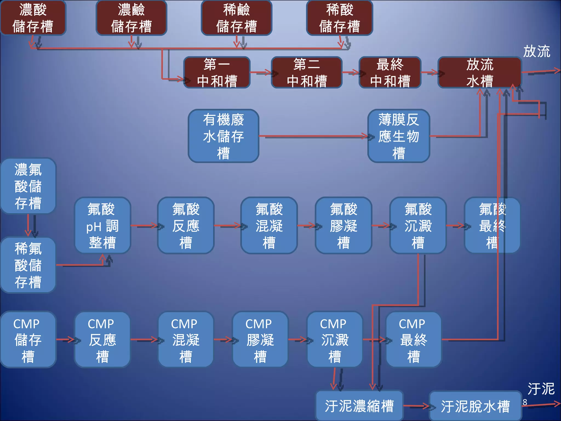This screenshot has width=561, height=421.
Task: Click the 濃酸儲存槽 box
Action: click(x=33, y=18)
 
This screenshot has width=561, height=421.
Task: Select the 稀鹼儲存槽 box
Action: click(x=236, y=18)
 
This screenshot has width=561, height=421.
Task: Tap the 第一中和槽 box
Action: click(x=217, y=73)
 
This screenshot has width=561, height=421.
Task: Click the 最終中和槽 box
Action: click(x=390, y=73)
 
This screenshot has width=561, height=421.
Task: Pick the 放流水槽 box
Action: click(x=480, y=73)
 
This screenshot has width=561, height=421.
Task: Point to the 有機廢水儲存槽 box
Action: click(x=223, y=136)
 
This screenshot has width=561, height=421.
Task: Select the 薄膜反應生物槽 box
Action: click(x=399, y=136)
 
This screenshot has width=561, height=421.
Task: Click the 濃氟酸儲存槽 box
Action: click(x=28, y=186)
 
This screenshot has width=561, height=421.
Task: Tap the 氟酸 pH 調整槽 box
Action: click(x=102, y=226)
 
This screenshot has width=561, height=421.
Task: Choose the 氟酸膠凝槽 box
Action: click(x=343, y=226)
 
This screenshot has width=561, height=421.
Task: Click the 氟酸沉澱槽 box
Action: click(x=418, y=226)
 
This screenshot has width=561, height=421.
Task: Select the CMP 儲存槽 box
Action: click(x=28, y=340)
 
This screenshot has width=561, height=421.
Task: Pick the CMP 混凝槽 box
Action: click(x=185, y=340)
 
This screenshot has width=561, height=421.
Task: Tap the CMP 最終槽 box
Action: click(x=413, y=340)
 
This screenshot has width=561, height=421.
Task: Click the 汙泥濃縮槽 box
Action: click(x=359, y=406)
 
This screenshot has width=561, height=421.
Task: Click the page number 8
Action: click(x=525, y=402)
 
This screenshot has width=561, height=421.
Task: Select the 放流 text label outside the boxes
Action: click(x=536, y=51)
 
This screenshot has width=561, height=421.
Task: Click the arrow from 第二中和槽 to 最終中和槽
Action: click(x=351, y=73)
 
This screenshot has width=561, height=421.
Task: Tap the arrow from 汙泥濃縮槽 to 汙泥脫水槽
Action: click(x=416, y=406)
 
